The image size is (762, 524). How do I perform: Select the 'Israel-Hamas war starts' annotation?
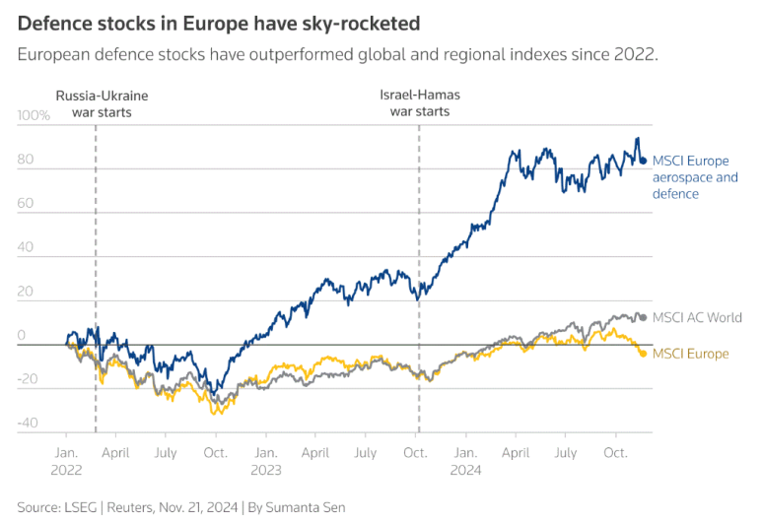click(x=420, y=103)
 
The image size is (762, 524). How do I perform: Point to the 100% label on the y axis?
click(x=34, y=115)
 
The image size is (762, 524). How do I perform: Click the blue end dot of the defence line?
click(x=644, y=162)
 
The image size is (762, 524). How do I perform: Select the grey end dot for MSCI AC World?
click(x=644, y=317)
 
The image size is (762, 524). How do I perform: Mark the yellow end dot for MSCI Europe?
click(x=644, y=354)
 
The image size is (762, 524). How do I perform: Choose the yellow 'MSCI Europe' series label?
click(x=691, y=354)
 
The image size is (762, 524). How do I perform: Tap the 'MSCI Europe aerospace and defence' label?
click(x=695, y=177)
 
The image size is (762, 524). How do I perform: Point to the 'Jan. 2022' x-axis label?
click(x=66, y=461)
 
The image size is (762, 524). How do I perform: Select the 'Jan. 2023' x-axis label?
click(x=266, y=461)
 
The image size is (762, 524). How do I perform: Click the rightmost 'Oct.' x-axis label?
click(x=616, y=452)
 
